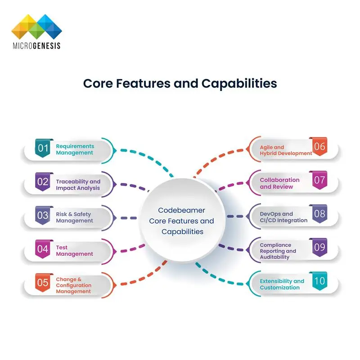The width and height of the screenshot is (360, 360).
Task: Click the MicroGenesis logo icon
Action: (36, 27)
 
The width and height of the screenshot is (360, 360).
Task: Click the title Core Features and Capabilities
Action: (180, 83)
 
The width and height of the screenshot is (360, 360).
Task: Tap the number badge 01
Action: (43, 148)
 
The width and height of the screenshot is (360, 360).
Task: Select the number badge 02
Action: (43, 182)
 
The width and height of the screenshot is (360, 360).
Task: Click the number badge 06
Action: (319, 147)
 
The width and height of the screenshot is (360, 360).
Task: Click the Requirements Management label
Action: (75, 149)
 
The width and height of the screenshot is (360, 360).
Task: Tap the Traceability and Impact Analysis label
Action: (78, 184)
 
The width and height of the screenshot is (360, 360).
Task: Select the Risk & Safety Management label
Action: (75, 217)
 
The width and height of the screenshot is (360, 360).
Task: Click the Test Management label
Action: (75, 251)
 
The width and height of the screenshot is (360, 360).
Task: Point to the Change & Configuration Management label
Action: (74, 285)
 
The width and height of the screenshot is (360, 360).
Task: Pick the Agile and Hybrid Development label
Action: (286, 150)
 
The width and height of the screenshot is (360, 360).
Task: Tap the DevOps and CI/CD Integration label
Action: (283, 217)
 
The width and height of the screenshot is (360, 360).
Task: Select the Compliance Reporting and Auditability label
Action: (278, 251)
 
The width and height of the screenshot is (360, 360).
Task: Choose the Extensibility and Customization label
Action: (282, 284)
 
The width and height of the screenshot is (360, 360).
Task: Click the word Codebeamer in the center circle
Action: (182, 210)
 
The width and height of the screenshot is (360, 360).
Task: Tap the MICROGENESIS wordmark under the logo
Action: (36, 45)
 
